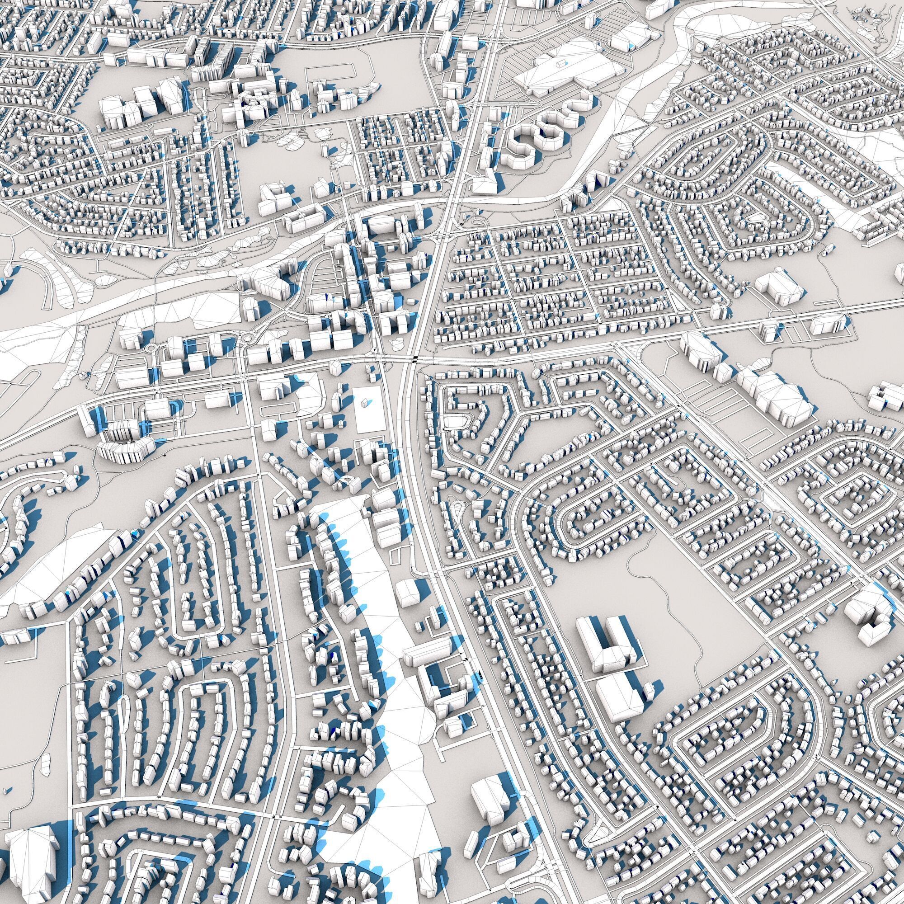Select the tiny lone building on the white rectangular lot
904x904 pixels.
click(364, 402)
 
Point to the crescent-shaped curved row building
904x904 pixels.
click(124, 449)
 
